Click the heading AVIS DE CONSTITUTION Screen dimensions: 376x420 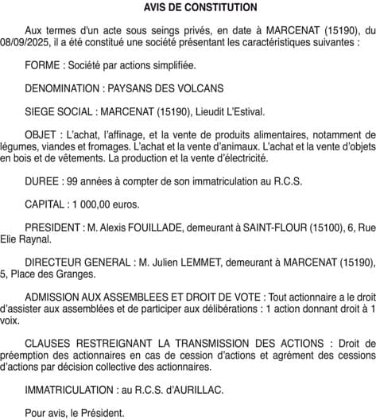click(x=189, y=7)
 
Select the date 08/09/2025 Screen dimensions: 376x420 click(x=27, y=39)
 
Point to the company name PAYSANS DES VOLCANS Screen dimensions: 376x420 click(x=165, y=87)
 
